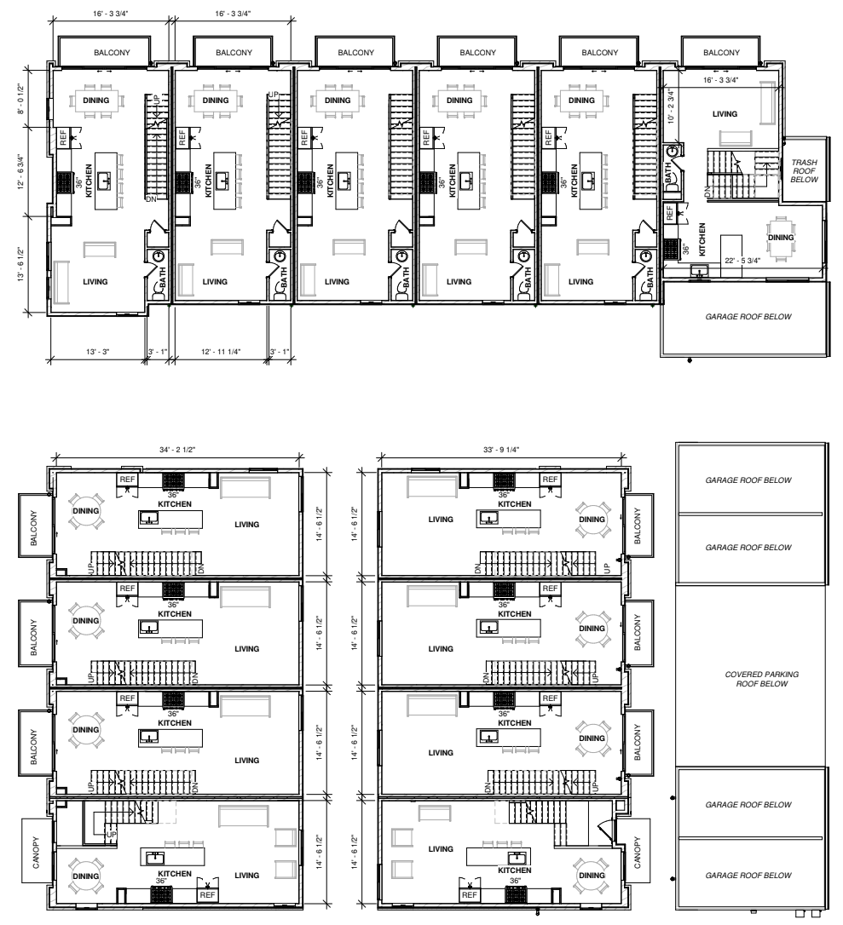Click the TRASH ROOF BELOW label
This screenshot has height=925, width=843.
(804, 170)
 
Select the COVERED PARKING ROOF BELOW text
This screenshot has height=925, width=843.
(761, 679)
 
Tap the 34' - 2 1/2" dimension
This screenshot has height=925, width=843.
(177, 450)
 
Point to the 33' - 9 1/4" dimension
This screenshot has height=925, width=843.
(500, 450)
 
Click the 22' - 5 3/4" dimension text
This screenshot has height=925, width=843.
(742, 260)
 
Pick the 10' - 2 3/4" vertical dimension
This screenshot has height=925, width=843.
(671, 106)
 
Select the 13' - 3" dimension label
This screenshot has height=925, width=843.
(97, 352)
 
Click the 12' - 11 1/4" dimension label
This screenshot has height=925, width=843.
(221, 352)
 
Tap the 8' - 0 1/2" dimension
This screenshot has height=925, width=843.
(22, 98)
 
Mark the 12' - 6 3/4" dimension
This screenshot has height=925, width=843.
(22, 171)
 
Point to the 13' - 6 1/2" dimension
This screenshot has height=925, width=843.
(22, 265)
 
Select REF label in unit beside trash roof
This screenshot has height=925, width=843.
(669, 213)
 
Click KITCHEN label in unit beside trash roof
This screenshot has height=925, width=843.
(702, 239)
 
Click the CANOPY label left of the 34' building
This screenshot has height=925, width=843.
(36, 852)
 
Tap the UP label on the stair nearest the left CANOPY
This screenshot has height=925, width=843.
(111, 835)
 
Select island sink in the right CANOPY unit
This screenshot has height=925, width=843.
(517, 856)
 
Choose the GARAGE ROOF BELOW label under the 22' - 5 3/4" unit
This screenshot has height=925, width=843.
(748, 317)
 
